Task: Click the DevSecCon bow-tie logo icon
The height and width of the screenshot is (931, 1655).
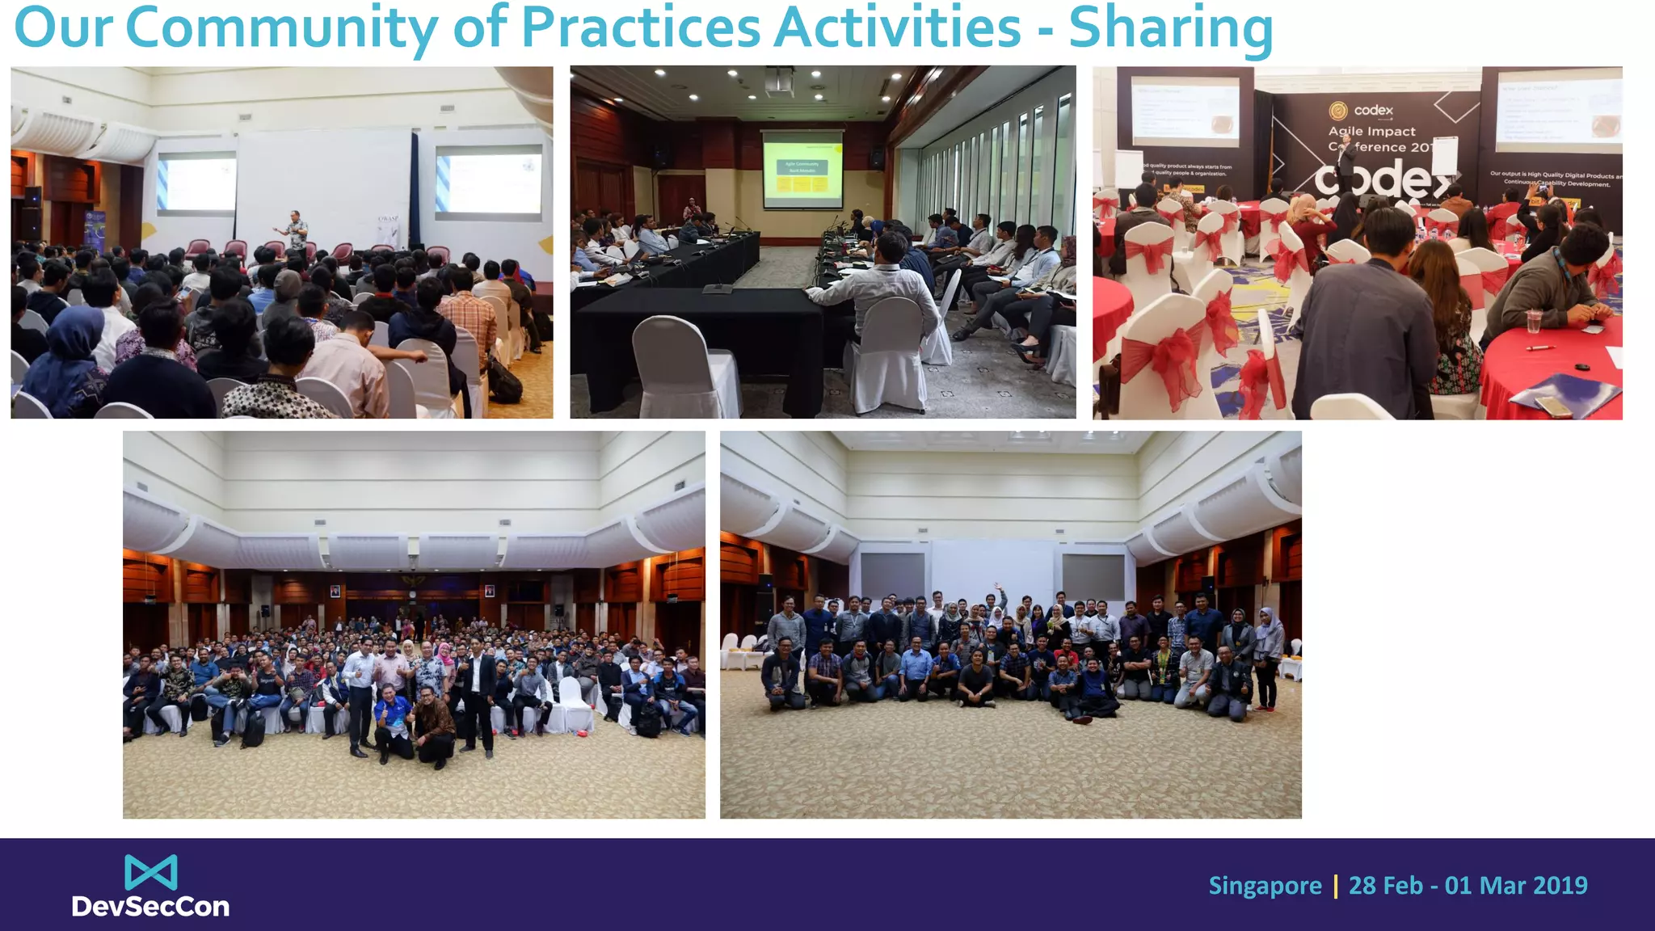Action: point(151,872)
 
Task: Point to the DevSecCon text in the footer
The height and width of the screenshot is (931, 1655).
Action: point(150,907)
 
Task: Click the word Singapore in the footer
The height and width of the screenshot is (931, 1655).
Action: point(1265,886)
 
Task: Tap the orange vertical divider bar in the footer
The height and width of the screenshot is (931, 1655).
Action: point(1335,886)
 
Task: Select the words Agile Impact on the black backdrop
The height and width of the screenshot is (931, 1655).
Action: point(1372,131)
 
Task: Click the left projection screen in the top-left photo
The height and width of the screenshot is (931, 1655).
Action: point(196,181)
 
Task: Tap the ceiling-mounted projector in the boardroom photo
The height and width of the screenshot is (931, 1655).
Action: point(779,79)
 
